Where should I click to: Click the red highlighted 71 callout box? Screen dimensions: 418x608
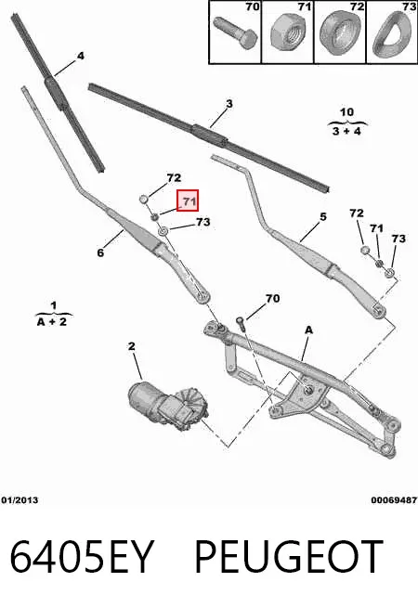[188, 201]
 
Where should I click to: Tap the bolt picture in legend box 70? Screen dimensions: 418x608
[236, 32]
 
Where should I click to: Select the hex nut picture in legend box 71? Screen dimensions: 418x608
[287, 33]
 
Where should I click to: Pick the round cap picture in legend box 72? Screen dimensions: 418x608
[340, 32]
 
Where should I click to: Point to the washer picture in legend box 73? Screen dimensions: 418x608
[392, 34]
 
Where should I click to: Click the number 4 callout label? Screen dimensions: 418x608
[80, 57]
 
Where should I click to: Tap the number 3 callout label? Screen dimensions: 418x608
[229, 104]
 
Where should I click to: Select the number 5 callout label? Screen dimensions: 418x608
[323, 217]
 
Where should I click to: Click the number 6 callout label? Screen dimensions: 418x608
[100, 252]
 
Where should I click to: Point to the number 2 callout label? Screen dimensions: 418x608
[132, 346]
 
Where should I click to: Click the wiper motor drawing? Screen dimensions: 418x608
[169, 405]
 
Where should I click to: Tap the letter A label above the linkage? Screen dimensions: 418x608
[308, 330]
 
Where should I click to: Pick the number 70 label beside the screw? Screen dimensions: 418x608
[272, 298]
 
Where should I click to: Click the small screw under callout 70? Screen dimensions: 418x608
[241, 323]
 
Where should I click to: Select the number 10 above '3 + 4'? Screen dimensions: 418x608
[346, 112]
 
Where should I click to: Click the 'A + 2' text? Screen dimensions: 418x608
[52, 322]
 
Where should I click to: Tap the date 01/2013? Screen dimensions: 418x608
[20, 500]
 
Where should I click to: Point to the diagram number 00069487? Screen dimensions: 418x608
[394, 500]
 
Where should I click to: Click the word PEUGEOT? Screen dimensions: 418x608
[288, 556]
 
